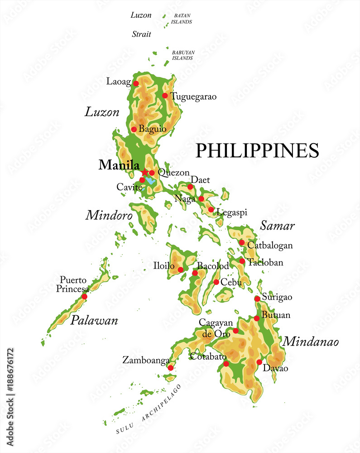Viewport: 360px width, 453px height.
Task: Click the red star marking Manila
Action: point(144,173)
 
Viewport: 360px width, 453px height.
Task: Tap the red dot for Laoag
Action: point(135,83)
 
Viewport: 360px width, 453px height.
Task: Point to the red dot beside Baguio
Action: point(134,129)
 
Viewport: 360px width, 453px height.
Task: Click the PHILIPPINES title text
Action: point(257,150)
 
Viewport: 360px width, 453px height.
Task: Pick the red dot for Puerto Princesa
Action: point(84,297)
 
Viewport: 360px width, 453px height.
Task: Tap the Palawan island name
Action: point(94,321)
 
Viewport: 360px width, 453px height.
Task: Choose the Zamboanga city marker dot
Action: point(170,368)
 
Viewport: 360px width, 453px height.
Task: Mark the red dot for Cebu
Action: point(216,282)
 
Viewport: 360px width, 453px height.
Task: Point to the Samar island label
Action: point(278,226)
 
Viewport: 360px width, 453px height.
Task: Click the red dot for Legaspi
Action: point(211,209)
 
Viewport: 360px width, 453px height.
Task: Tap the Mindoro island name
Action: point(109,215)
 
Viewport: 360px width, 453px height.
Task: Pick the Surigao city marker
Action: point(257,299)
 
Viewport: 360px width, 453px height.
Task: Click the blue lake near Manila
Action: point(150,181)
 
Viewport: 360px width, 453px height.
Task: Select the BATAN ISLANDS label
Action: point(183,19)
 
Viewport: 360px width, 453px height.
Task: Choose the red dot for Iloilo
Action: point(181,270)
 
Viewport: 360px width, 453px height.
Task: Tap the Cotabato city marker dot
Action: point(226,364)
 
